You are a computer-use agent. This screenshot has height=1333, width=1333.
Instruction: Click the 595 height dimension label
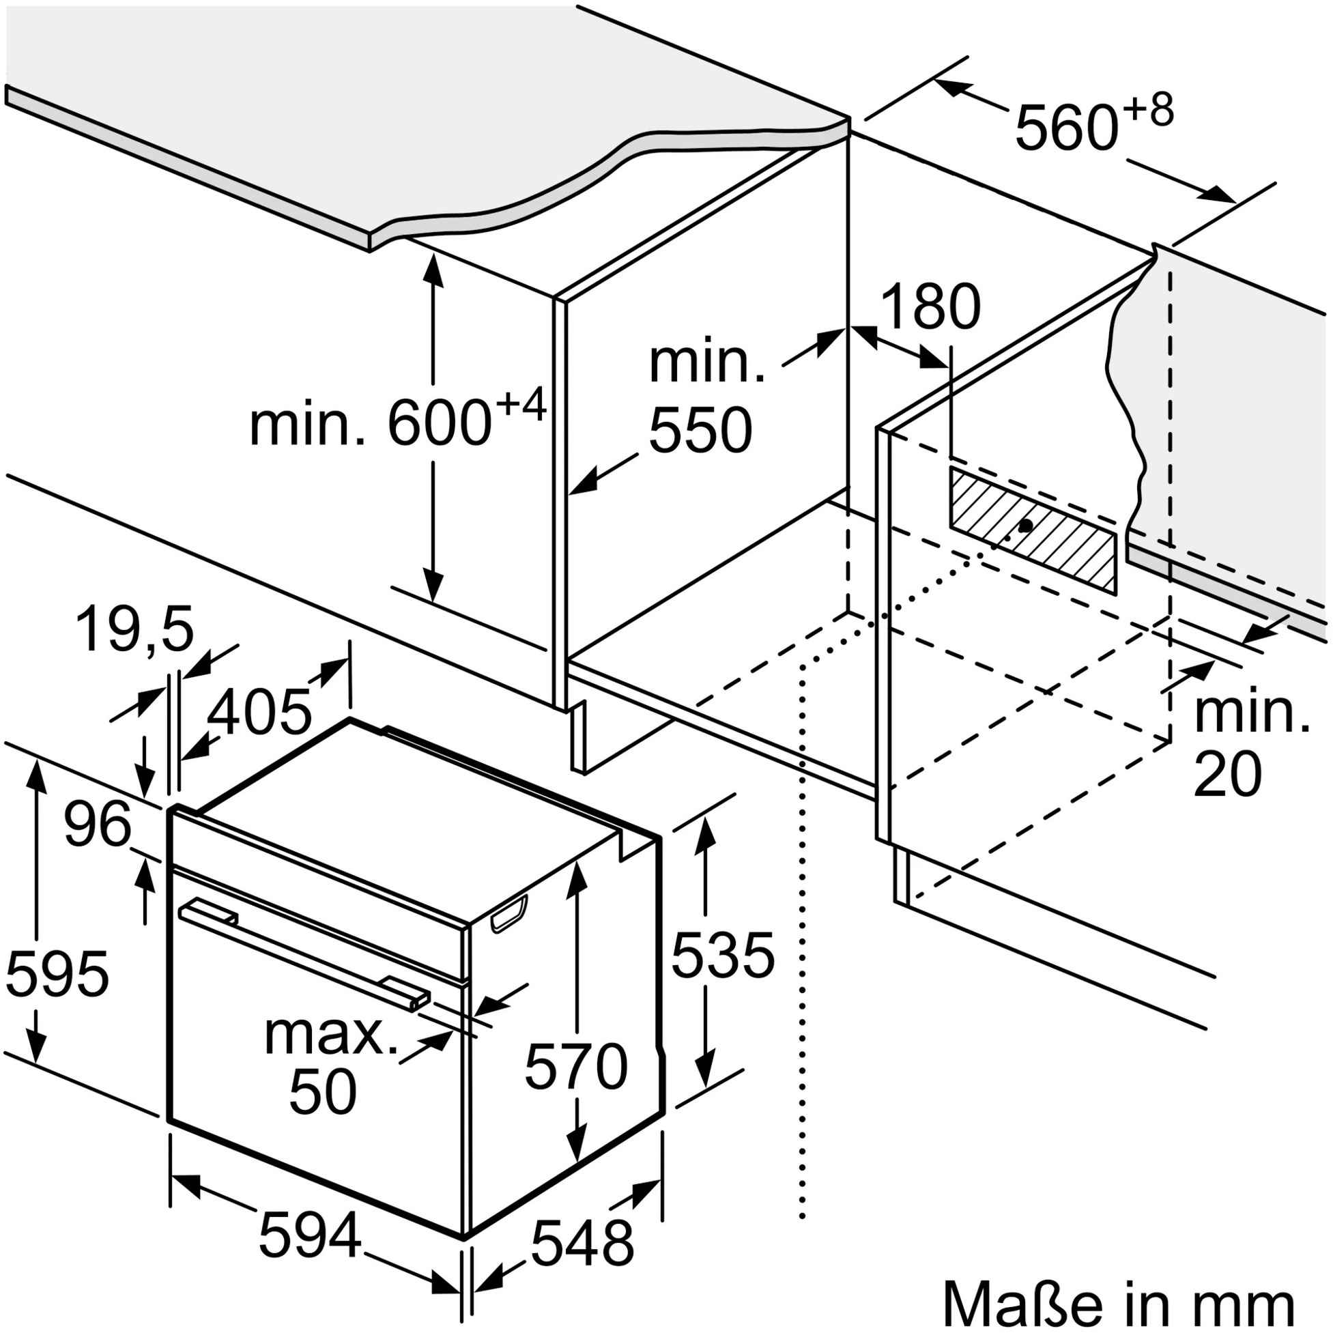57,973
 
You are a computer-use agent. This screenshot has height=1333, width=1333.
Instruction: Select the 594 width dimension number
310,1233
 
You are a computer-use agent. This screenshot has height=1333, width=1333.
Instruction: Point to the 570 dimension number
576,1067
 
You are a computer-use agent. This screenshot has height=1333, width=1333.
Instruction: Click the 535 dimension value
723,956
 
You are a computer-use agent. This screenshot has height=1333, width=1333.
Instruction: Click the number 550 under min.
700,430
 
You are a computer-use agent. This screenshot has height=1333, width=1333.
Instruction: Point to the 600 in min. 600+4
440,422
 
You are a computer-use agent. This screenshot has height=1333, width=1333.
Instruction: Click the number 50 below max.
323,1092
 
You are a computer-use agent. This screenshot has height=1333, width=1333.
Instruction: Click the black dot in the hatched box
1026,526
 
